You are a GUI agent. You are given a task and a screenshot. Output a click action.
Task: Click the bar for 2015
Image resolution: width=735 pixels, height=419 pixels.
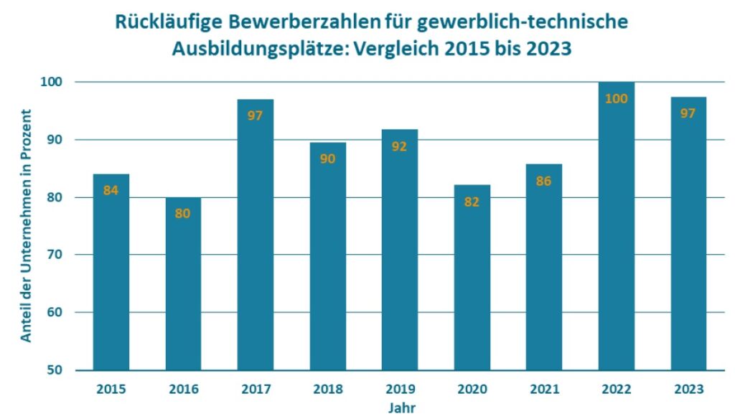111,273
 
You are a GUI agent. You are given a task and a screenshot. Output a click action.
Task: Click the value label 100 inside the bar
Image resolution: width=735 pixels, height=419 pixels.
617,99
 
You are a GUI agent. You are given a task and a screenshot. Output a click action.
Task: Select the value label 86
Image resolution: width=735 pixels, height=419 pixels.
544,182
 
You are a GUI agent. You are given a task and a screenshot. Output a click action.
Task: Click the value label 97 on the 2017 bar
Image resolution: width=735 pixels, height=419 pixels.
256,115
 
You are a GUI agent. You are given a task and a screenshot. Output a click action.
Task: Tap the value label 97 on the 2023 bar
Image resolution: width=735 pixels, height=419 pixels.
688,113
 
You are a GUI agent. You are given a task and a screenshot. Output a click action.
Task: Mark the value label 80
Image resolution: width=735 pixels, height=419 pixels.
183,213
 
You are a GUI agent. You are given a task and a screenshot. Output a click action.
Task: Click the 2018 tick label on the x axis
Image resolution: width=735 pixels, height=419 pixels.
327,390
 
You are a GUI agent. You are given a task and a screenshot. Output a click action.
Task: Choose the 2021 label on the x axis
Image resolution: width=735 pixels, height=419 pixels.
544,390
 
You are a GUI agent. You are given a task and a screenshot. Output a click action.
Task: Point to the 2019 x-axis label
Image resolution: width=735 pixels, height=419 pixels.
400,390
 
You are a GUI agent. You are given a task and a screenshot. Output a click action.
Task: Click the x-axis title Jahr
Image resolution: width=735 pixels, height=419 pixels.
400,408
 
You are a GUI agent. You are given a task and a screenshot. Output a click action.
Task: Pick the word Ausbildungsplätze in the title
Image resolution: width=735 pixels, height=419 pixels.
251,50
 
